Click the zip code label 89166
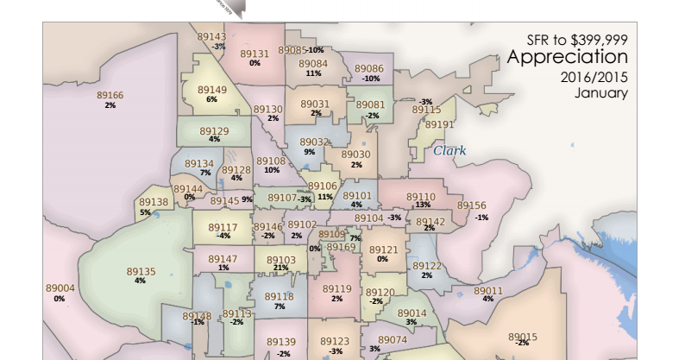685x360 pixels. pyautogui.click(x=110, y=95)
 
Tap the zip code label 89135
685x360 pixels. pyautogui.click(x=141, y=272)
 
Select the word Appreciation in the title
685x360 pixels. pyautogui.click(x=567, y=58)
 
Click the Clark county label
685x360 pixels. pyautogui.click(x=449, y=150)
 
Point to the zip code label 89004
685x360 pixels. pyautogui.click(x=60, y=288)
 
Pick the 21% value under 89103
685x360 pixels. pyautogui.click(x=280, y=268)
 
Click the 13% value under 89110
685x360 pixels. pyautogui.click(x=422, y=205)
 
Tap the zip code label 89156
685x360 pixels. pyautogui.click(x=471, y=206)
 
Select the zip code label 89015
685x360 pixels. pyautogui.click(x=522, y=337)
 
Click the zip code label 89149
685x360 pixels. pyautogui.click(x=212, y=90)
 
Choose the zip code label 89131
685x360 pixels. pyautogui.click(x=255, y=54)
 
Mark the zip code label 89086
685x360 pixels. pyautogui.click(x=369, y=68)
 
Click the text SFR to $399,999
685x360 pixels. pyautogui.click(x=577, y=39)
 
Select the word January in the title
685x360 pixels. pyautogui.click(x=601, y=93)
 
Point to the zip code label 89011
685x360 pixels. pyautogui.click(x=487, y=290)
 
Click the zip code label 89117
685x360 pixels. pyautogui.click(x=223, y=227)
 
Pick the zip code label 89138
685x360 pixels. pyautogui.click(x=154, y=202)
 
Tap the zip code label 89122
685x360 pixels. pyautogui.click(x=426, y=266)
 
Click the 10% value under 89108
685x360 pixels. pyautogui.click(x=272, y=170)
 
